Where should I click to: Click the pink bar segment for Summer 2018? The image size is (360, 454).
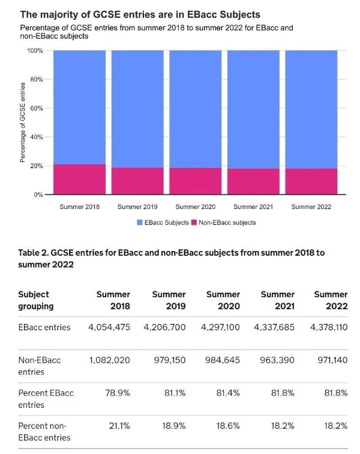coord(79,179)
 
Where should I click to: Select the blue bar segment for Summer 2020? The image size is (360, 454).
coord(195,108)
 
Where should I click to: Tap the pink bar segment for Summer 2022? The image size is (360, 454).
coord(311,181)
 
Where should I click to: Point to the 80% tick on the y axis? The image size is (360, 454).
coord(35,79)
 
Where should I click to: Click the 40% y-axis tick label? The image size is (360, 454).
coord(35,137)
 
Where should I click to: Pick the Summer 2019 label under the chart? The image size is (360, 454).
coord(137,207)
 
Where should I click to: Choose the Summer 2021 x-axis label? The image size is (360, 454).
coord(253,207)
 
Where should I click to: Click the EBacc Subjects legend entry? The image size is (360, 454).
coord(163,223)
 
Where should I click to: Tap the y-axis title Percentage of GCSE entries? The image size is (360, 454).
coord(22,123)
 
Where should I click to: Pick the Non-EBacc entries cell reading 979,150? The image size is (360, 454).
coord(169,360)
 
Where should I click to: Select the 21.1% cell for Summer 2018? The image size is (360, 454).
coord(118,425)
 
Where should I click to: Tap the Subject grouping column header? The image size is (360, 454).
coord(36,300)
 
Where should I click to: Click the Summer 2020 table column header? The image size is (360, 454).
coord(223,300)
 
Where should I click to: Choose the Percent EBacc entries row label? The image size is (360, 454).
coord(46,398)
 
